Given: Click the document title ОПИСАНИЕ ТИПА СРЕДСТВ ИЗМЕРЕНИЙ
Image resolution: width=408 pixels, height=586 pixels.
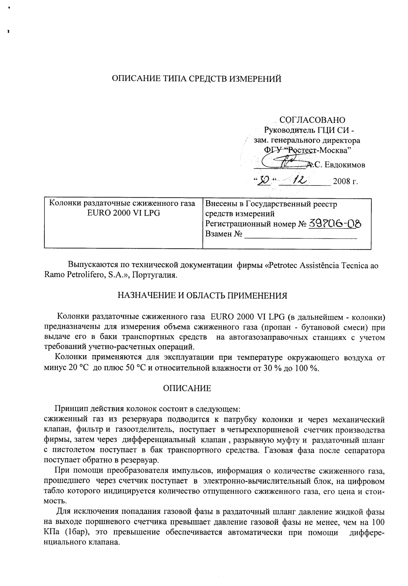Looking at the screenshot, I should tap(197, 79).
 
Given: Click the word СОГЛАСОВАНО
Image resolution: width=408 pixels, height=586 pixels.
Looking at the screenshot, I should tap(312, 120).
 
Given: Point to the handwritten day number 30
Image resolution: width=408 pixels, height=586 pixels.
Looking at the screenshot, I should tap(260, 182).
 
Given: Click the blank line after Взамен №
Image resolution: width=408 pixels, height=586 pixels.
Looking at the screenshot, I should tap(301, 236).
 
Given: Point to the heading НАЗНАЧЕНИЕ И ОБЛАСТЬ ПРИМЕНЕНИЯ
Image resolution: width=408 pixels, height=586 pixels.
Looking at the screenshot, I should tap(202, 295).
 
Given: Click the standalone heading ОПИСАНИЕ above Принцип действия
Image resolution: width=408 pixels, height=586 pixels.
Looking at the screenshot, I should tap(187, 388).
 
